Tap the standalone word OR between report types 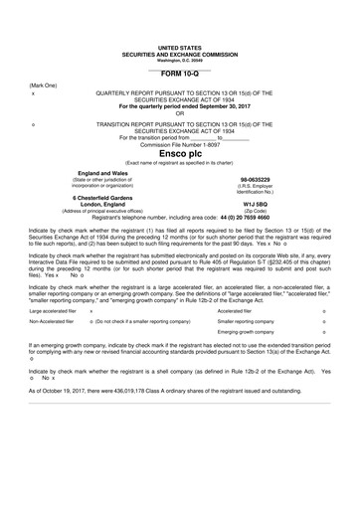point(179,112)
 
